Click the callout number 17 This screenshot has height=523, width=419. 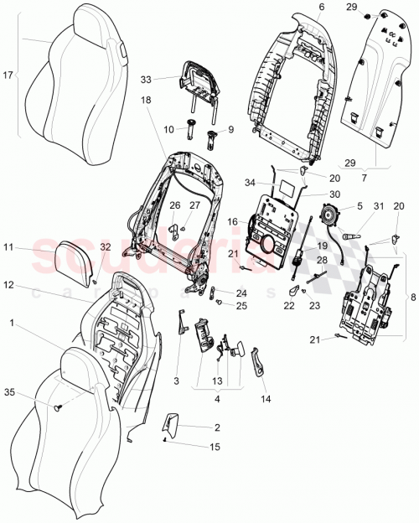tap(8, 76)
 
